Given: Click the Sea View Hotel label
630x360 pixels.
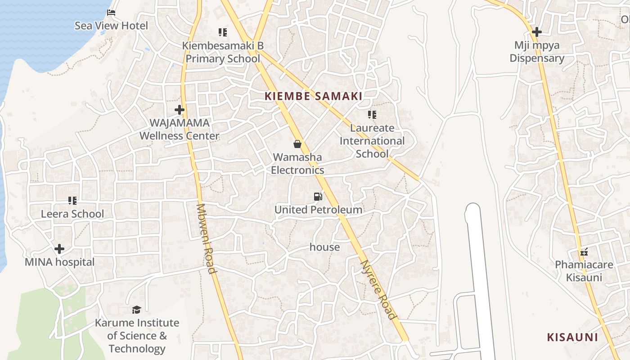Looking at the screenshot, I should click(x=111, y=26).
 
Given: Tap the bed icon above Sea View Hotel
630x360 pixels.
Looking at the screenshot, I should click(x=112, y=12).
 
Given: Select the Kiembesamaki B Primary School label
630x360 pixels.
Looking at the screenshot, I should click(x=223, y=52).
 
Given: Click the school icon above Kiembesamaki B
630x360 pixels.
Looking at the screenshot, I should click(x=223, y=32).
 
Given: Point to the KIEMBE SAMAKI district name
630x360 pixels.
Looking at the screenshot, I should click(x=314, y=96).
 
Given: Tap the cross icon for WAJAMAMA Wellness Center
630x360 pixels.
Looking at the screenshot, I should click(x=180, y=109).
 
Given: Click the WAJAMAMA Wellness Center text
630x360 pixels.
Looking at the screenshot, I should click(x=179, y=129).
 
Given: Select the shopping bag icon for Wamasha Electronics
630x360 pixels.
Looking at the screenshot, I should click(x=297, y=144).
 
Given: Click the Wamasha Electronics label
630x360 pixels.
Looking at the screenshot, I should click(x=297, y=164).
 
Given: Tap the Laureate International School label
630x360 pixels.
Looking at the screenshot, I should click(x=372, y=141).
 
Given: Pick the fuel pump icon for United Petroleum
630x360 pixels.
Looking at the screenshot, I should click(x=318, y=196).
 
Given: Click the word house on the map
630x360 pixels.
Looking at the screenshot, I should click(x=324, y=247).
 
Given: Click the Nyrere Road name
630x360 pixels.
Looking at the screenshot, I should click(x=379, y=290).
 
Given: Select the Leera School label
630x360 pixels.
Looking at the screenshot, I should click(x=72, y=214).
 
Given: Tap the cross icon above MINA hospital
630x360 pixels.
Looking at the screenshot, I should click(x=59, y=249).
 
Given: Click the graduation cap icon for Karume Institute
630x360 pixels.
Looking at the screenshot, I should click(x=136, y=310).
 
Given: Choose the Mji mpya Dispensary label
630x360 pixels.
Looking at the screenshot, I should click(x=536, y=52).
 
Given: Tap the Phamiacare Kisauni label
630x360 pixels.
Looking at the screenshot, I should click(x=584, y=271).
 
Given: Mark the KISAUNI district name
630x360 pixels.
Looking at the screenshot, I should click(x=572, y=337).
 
